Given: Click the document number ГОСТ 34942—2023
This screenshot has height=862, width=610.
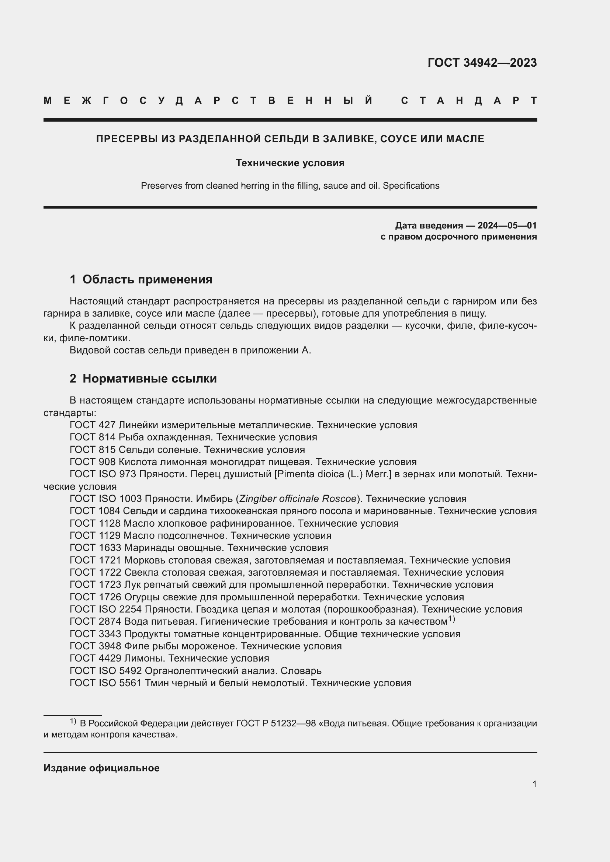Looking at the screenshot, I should (482, 63).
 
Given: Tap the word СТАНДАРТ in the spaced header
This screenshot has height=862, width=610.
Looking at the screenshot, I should (469, 101).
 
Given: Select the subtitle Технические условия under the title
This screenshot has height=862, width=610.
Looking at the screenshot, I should (290, 163).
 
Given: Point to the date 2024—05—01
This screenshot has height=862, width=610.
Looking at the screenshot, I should (507, 225).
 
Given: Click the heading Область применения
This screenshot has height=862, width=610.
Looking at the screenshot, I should (147, 279).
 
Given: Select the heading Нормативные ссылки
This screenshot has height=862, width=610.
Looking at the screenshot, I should (149, 378).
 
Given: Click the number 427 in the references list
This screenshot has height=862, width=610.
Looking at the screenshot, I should (107, 425).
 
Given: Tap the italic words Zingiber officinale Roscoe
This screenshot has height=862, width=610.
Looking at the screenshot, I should (298, 499).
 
